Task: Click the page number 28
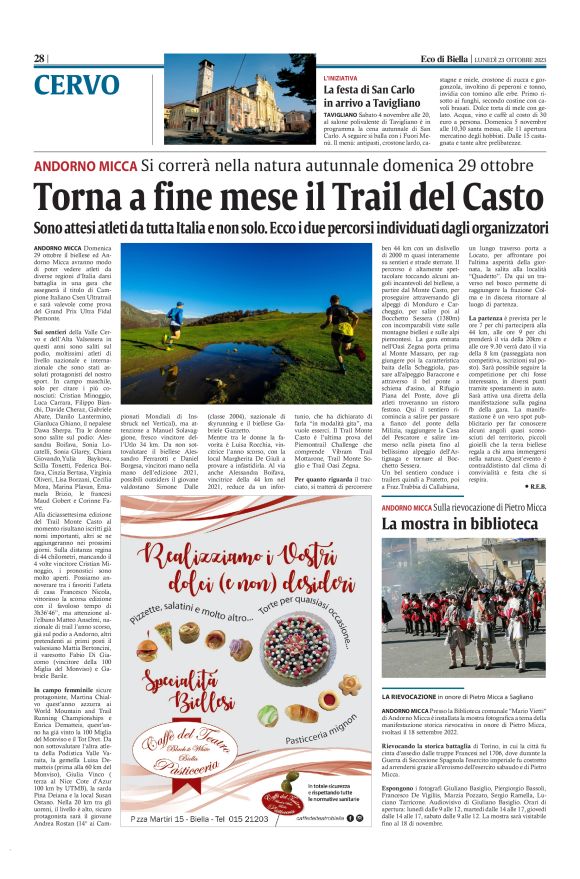[x=39, y=58]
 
